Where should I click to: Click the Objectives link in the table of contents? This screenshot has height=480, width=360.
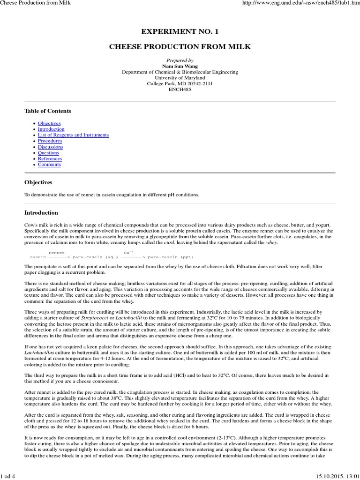(49, 123)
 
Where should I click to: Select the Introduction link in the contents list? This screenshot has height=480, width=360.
(51, 129)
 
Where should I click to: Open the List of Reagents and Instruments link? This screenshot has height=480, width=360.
(73, 135)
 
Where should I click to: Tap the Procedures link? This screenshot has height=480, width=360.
(50, 141)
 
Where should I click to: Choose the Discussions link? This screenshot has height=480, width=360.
(50, 147)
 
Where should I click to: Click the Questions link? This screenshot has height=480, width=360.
(48, 153)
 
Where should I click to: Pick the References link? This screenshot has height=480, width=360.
(50, 158)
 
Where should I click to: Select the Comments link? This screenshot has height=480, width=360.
(49, 165)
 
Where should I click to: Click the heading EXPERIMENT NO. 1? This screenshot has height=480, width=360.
(180, 31)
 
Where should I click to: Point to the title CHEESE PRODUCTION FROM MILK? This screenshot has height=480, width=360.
(180, 47)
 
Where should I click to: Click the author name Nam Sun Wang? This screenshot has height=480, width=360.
(180, 67)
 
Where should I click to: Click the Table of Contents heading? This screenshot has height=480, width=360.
(48, 111)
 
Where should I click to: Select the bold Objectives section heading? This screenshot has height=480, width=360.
(38, 182)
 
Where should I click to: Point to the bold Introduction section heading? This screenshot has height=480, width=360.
(41, 212)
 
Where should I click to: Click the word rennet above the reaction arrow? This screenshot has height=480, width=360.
(56, 252)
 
